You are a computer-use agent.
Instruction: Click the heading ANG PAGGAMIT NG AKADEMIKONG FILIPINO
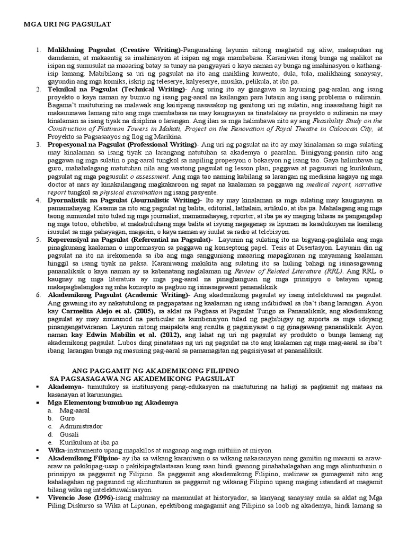click(155, 369)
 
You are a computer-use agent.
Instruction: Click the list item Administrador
click(81, 426)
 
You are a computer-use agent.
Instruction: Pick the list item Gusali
click(69, 434)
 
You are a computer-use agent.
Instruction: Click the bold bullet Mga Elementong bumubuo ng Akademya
click(112, 402)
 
